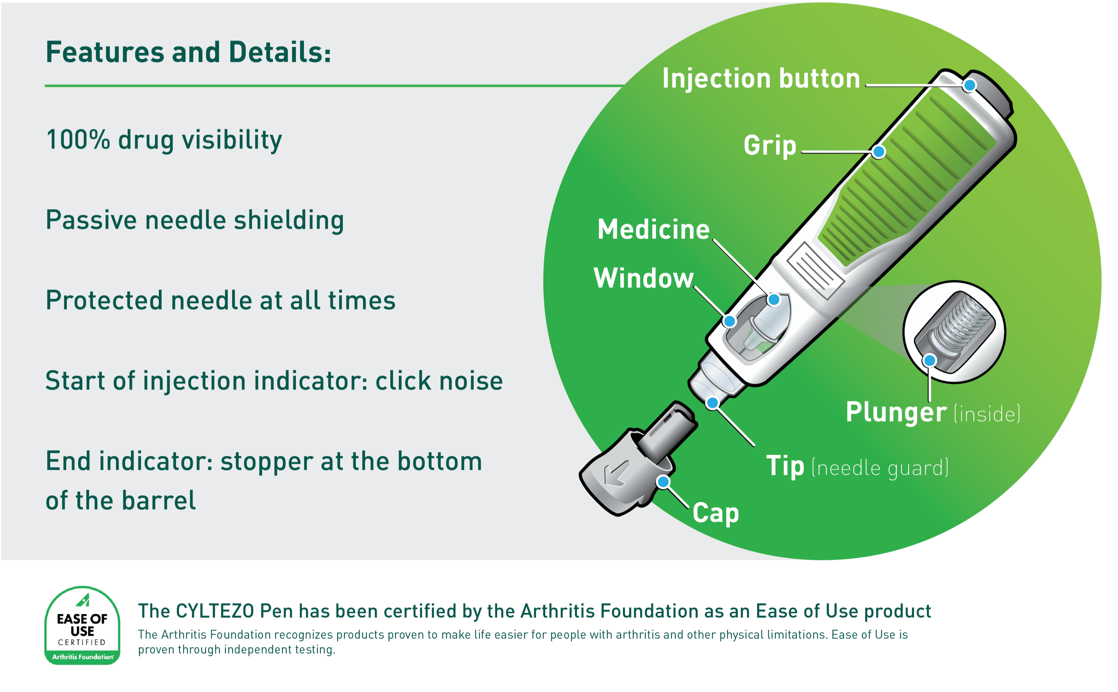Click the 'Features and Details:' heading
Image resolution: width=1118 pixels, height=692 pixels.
click(x=188, y=52)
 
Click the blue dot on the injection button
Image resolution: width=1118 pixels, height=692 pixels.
click(x=969, y=86)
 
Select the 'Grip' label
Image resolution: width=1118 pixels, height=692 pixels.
click(x=770, y=145)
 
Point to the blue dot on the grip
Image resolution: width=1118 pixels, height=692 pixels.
click(x=878, y=152)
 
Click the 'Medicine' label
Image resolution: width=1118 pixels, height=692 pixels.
click(x=653, y=229)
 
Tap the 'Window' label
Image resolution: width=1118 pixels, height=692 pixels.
click(x=644, y=278)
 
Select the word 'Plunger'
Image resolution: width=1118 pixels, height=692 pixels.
click(x=895, y=412)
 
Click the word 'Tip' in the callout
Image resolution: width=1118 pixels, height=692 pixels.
click(x=784, y=466)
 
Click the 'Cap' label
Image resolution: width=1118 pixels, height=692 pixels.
click(x=715, y=513)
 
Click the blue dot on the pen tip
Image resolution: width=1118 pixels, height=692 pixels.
click(x=712, y=403)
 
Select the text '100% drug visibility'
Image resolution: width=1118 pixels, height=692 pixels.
click(x=164, y=140)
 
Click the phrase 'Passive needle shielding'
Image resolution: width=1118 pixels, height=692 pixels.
click(x=195, y=220)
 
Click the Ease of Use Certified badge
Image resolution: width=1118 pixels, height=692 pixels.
click(x=82, y=625)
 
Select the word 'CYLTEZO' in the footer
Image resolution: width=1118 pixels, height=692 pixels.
click(x=214, y=611)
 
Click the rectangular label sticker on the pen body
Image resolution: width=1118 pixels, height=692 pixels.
click(x=815, y=271)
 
